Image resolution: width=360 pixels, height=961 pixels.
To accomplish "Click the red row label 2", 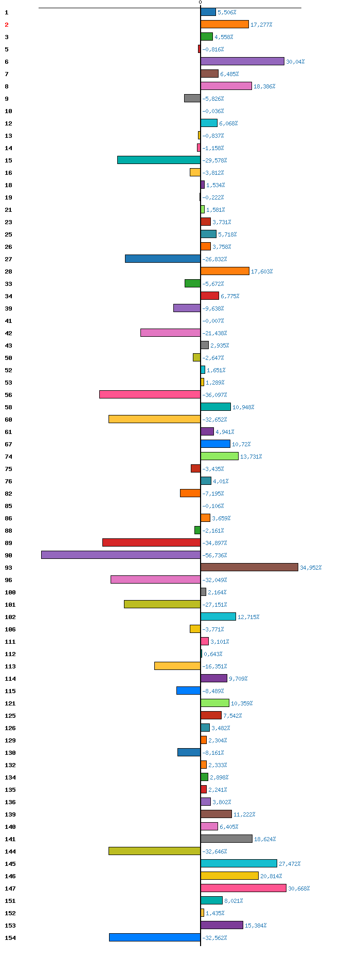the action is coord(7,25).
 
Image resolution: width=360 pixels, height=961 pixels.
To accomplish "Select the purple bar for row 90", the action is coord(121,555).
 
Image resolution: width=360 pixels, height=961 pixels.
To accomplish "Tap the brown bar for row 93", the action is coord(249,567).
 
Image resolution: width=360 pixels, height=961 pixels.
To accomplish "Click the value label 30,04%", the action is coord(295,62).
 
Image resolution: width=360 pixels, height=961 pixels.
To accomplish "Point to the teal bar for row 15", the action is coord(159,160).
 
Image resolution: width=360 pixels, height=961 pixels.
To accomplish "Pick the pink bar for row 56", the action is coord(150,394).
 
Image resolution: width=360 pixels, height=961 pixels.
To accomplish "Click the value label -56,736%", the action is coord(214,555).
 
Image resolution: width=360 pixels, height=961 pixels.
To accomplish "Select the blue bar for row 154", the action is coord(155,937).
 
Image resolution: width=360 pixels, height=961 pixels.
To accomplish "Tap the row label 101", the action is coord(10,605).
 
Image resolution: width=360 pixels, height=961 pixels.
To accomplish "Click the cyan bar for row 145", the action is coord(239,863).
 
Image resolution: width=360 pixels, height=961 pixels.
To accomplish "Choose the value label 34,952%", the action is coord(311,568).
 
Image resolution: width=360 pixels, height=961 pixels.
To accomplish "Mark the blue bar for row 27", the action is coord(163,259).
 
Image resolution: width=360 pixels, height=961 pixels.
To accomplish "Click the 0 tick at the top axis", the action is coord(201,3).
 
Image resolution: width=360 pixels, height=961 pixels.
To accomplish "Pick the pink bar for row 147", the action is coord(243,888).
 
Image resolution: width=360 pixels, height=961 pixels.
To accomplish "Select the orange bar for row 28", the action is coord(225,271).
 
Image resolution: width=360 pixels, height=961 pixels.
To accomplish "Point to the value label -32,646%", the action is coord(214,851).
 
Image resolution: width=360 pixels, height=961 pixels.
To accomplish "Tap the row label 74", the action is coord(9,457).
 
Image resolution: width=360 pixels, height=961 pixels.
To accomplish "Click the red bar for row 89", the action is coord(151,542).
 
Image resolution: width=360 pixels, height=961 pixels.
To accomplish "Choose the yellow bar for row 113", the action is coord(177,666).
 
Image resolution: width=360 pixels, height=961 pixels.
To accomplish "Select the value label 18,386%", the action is coord(264,86).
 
